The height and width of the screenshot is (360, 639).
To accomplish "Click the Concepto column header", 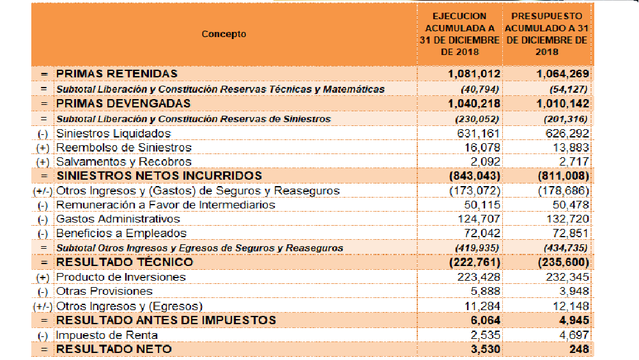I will pos(224,35).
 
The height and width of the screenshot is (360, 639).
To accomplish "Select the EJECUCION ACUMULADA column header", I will pos(459,35).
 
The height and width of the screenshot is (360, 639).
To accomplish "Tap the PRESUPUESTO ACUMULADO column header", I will pos(546,35).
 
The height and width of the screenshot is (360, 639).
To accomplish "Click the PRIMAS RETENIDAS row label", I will pos(117,74).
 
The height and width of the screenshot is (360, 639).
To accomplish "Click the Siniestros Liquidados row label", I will pos(114,134).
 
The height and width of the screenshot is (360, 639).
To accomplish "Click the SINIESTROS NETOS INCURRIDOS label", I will pos(159,176).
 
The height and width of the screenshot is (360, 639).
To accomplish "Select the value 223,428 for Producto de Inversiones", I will pos(479,277).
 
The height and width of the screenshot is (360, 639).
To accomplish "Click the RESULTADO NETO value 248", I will pos(578,349).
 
